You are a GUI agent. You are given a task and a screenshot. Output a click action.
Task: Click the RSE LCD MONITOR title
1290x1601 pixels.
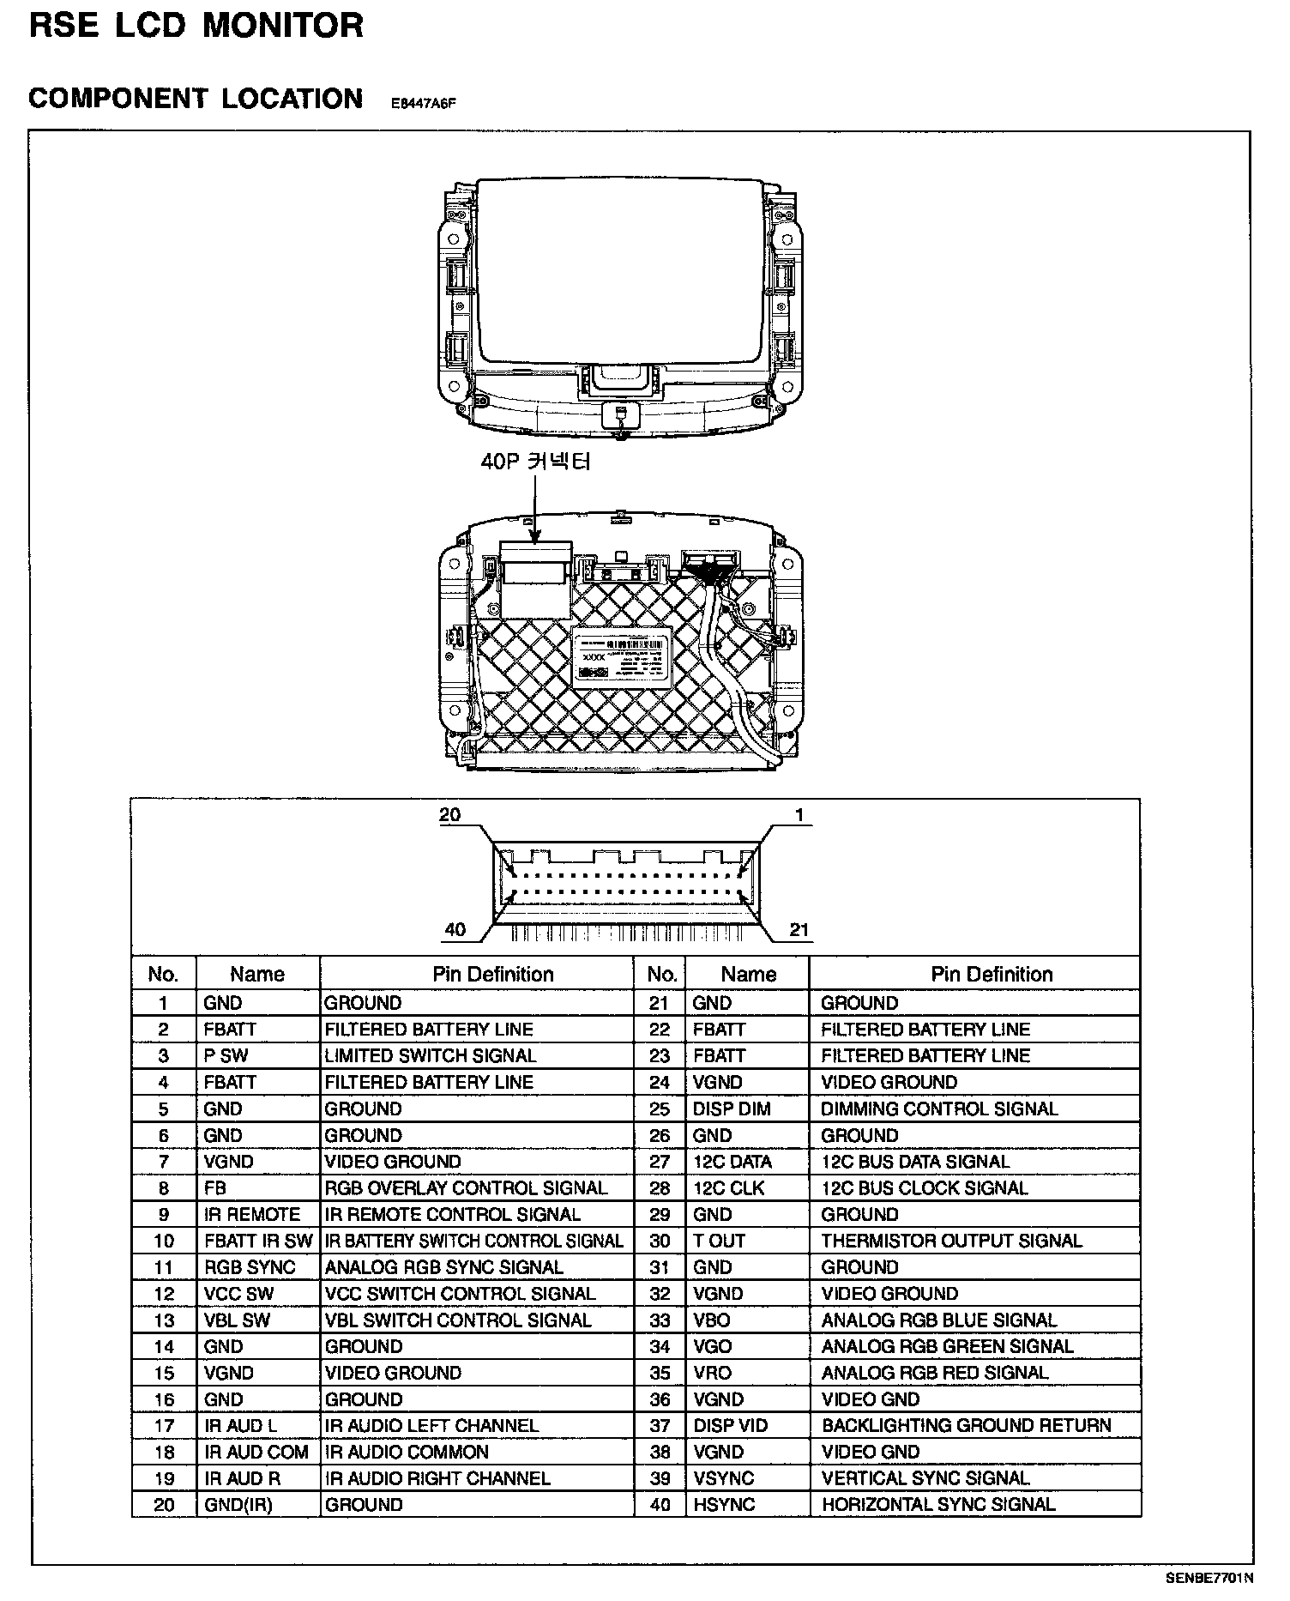point(196,26)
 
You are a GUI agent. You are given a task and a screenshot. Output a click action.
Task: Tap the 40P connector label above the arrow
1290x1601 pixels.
point(535,462)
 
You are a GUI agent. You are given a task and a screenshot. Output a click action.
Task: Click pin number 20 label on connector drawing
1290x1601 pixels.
point(449,815)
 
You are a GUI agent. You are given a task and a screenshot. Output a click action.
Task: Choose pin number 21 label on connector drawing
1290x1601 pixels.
point(799,930)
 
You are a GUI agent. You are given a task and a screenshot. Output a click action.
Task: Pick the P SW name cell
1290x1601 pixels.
point(226,1056)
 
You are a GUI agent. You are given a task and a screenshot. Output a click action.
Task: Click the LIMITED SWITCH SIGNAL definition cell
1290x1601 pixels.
point(430,1056)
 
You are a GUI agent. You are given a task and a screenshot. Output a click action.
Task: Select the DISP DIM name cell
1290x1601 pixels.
point(732,1109)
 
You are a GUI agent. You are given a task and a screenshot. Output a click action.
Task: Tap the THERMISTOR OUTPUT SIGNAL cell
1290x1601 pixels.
point(951,1241)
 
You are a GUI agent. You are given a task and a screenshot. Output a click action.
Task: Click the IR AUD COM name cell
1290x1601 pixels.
point(256,1453)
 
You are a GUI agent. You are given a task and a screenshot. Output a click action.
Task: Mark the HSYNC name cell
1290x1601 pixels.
point(724,1505)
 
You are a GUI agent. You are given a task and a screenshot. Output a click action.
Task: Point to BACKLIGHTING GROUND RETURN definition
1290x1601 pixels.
point(966,1426)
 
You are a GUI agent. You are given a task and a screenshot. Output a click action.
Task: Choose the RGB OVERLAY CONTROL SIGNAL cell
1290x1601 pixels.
point(466,1188)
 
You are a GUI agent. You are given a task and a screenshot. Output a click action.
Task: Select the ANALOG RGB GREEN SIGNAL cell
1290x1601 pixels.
point(947,1347)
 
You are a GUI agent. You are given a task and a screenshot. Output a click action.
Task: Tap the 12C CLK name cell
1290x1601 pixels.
point(728,1188)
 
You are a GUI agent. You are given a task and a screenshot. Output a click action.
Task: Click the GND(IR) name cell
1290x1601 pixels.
point(238,1505)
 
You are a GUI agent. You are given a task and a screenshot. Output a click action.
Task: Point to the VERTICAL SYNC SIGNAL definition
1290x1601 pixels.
point(925,1478)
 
